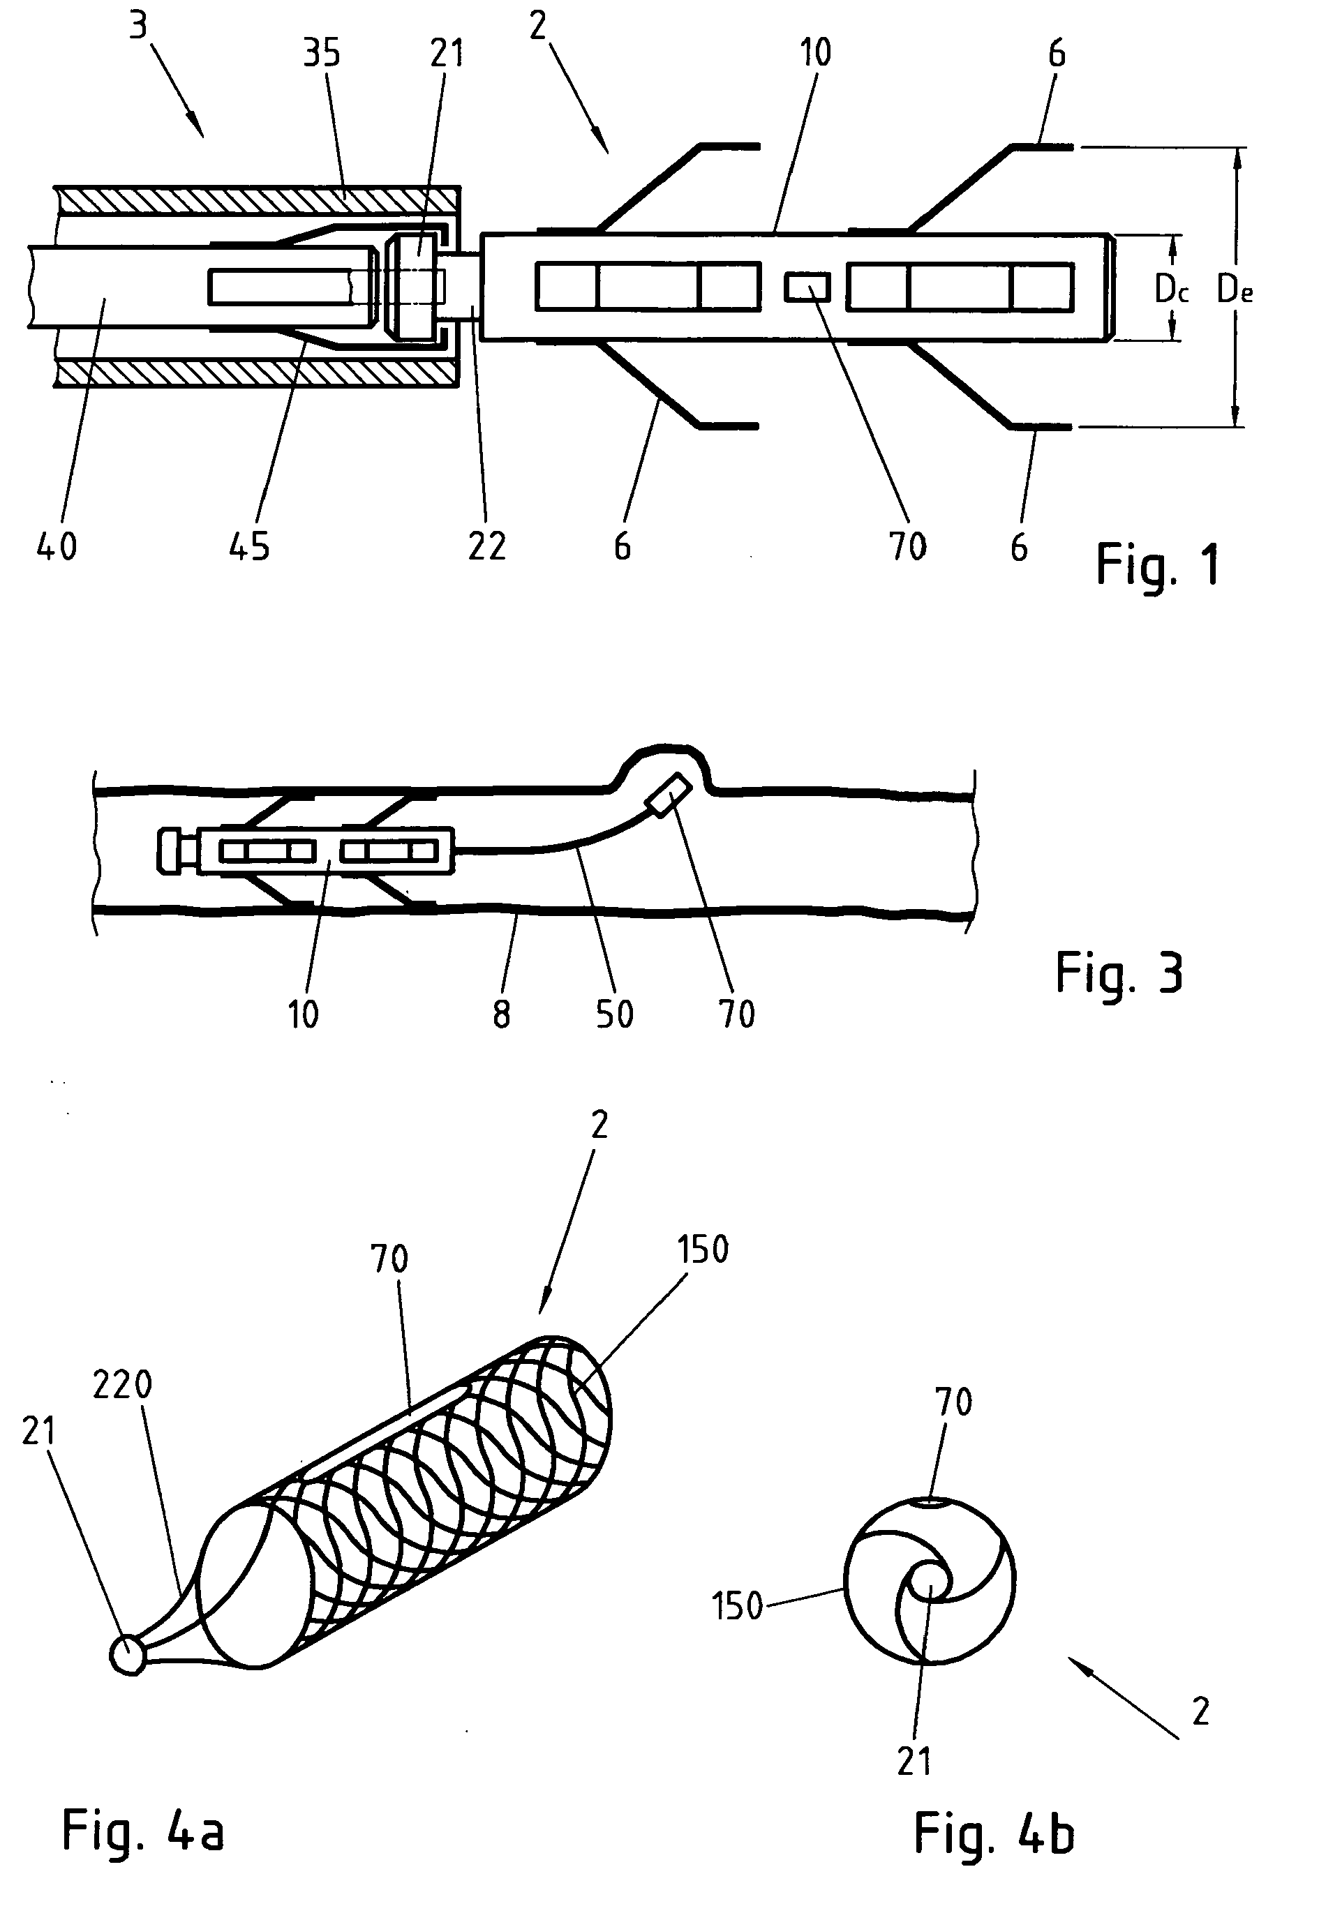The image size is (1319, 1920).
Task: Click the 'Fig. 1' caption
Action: [x=1157, y=566]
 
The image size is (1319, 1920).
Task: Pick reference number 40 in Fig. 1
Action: [x=57, y=546]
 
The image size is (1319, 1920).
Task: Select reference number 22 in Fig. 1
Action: [x=487, y=546]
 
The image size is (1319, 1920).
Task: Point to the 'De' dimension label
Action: [x=1235, y=290]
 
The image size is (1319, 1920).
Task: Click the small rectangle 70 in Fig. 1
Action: [x=807, y=288]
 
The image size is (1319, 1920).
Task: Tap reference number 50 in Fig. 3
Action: [x=615, y=1014]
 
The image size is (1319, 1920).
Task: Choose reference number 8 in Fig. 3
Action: [x=502, y=1014]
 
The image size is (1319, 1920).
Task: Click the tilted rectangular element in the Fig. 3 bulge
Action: [x=671, y=795]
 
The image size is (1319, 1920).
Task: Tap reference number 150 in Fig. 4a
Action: [x=703, y=1250]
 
